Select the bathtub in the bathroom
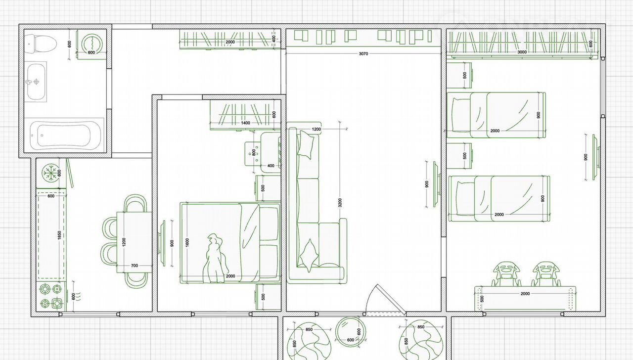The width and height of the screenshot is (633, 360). click(66, 135)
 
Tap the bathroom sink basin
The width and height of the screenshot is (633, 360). click(36, 82)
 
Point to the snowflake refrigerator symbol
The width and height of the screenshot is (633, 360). click(51, 173)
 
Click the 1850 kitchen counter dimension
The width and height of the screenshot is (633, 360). click(59, 235)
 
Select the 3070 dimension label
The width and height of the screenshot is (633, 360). click(363, 54)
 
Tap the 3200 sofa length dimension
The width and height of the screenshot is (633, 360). click(340, 203)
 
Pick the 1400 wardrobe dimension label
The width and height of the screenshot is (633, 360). click(246, 123)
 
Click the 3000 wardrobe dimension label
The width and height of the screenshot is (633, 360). click(522, 52)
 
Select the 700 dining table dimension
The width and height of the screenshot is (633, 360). click(135, 266)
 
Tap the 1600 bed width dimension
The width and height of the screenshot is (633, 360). click(187, 242)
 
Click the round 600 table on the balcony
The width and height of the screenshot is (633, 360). click(351, 332)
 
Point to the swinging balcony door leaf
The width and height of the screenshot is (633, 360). click(392, 299)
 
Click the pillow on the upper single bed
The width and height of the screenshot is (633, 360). click(461, 115)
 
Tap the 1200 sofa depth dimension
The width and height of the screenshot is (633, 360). click(316, 129)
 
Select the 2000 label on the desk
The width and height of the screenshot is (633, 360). click(525, 294)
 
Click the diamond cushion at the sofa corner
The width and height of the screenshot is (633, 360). click(310, 256)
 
